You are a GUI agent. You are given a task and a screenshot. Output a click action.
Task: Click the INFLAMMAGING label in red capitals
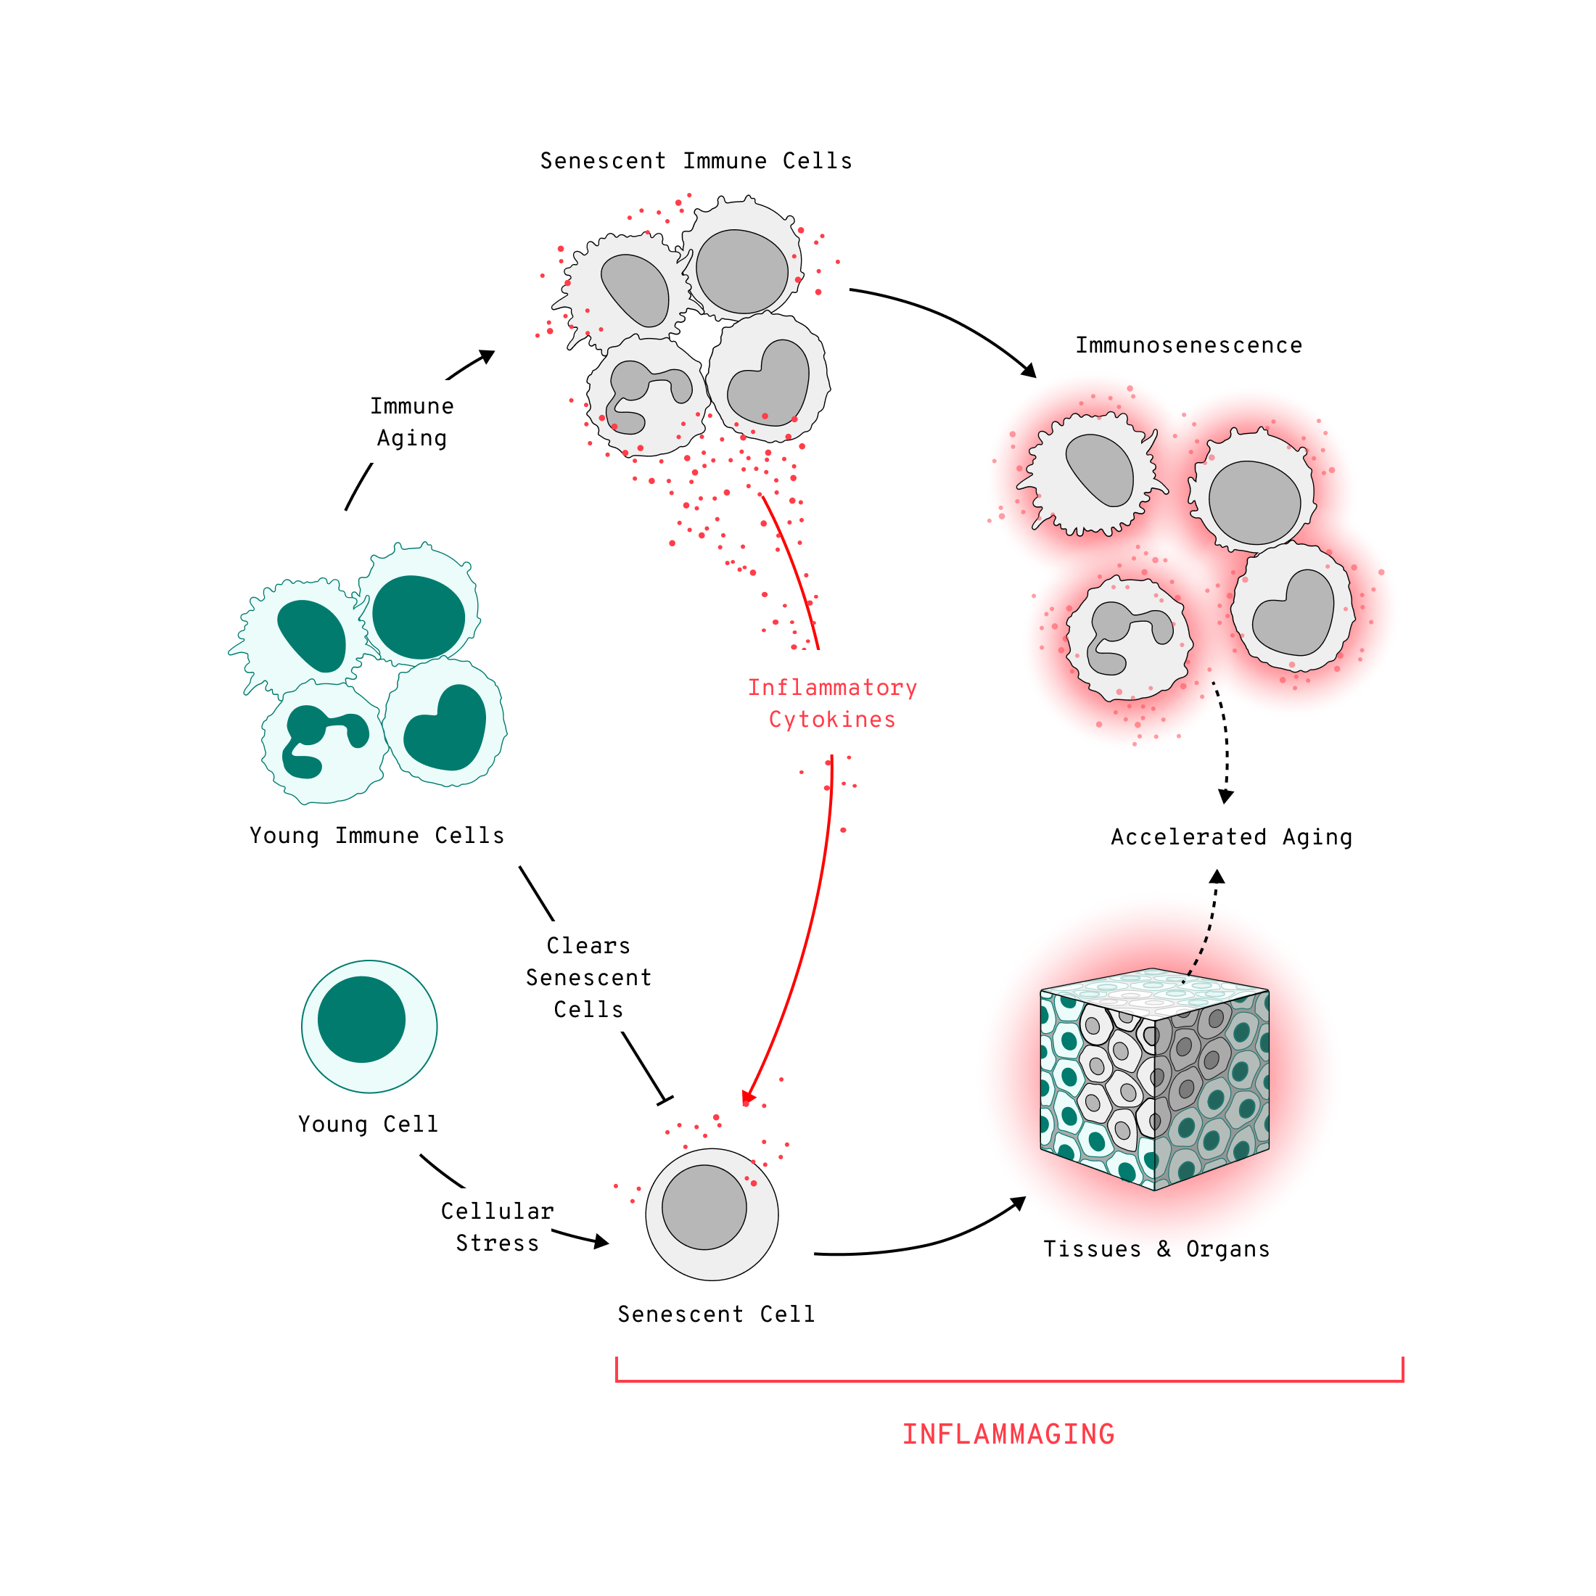pyautogui.click(x=1008, y=1434)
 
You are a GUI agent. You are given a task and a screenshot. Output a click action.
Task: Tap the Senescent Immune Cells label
pyautogui.click(x=696, y=161)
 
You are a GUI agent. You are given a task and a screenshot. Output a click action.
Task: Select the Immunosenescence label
pyautogui.click(x=1188, y=345)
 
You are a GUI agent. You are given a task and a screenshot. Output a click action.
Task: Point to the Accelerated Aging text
pyautogui.click(x=1231, y=837)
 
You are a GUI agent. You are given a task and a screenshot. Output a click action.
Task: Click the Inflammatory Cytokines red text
pyautogui.click(x=832, y=703)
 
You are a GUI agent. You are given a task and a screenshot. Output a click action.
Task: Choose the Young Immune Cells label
pyautogui.click(x=377, y=835)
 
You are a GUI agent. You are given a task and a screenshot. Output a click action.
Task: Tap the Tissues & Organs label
pyautogui.click(x=1156, y=1249)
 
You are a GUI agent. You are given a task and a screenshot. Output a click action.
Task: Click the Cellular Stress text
pyautogui.click(x=498, y=1227)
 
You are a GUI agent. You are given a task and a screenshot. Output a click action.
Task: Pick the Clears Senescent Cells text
pyautogui.click(x=588, y=977)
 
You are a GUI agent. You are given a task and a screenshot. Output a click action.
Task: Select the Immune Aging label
pyautogui.click(x=411, y=421)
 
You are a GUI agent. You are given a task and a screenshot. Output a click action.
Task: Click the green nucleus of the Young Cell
pyautogui.click(x=361, y=1019)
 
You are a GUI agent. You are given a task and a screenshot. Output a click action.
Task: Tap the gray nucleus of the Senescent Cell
pyautogui.click(x=704, y=1207)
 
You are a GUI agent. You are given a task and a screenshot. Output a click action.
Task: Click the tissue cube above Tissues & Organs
pyautogui.click(x=1154, y=1079)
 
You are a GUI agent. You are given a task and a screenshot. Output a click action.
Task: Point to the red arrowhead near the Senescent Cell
pyautogui.click(x=749, y=1097)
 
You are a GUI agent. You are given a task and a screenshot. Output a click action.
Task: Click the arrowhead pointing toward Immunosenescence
pyautogui.click(x=1029, y=370)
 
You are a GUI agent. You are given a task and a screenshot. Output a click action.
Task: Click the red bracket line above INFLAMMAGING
pyautogui.click(x=1008, y=1381)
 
